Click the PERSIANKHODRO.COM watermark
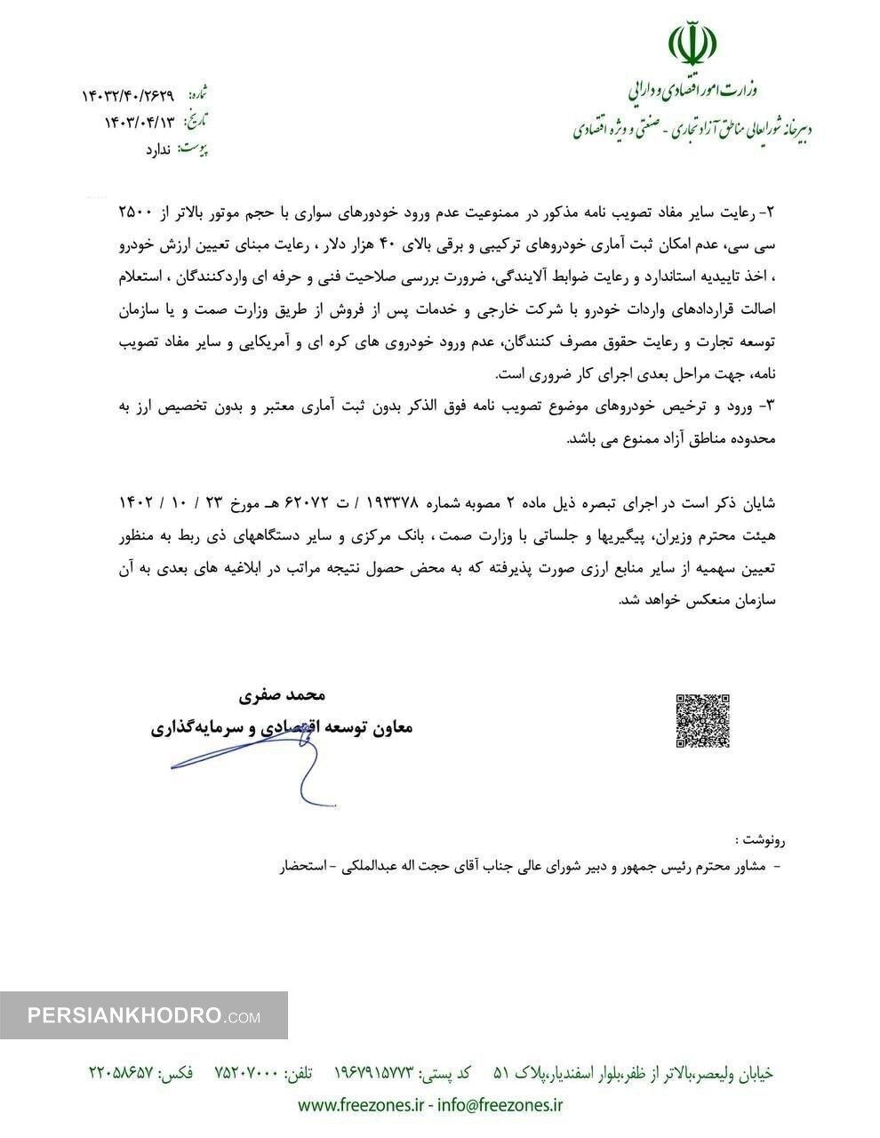pyautogui.click(x=143, y=1015)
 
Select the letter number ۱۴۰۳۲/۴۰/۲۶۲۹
pyautogui.click(x=128, y=95)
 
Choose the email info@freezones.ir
pyautogui.click(x=502, y=1105)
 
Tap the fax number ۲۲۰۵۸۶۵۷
pyautogui.click(x=122, y=1073)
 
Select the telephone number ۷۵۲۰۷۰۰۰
pyautogui.click(x=247, y=1073)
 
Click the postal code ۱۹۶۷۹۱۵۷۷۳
pyautogui.click(x=374, y=1073)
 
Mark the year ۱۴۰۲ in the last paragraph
pyautogui.click(x=136, y=502)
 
